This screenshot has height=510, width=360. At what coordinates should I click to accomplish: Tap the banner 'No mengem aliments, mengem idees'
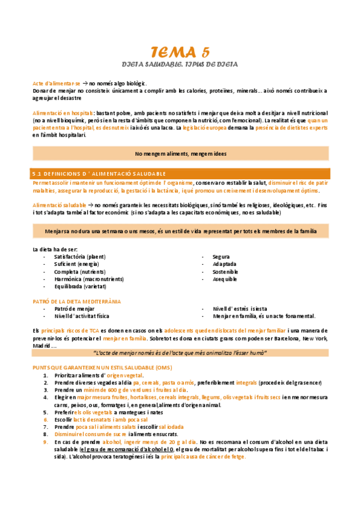180,154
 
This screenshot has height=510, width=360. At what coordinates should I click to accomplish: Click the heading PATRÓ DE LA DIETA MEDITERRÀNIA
76,301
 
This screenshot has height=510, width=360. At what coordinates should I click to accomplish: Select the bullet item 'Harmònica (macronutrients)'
85,279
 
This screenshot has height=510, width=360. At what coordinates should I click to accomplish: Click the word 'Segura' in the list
222,257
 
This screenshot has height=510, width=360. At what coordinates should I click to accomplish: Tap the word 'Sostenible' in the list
225,272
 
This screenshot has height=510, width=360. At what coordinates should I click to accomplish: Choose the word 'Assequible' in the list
225,279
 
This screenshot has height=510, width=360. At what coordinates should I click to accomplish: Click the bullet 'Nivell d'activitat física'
82,316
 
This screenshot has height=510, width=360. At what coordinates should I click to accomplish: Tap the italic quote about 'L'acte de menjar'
180,352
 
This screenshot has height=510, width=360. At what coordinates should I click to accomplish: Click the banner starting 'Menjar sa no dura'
180,231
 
